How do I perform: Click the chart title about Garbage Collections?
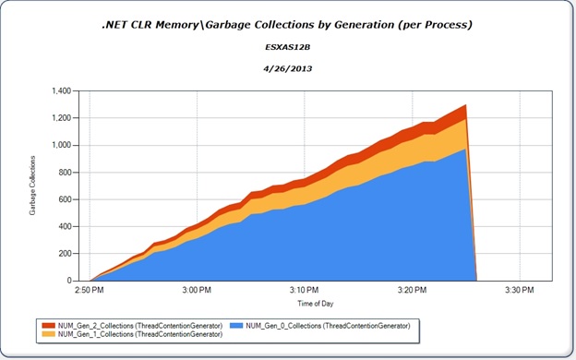288,24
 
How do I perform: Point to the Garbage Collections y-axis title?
34,186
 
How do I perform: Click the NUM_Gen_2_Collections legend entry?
130,325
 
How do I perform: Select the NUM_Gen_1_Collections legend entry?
130,333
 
